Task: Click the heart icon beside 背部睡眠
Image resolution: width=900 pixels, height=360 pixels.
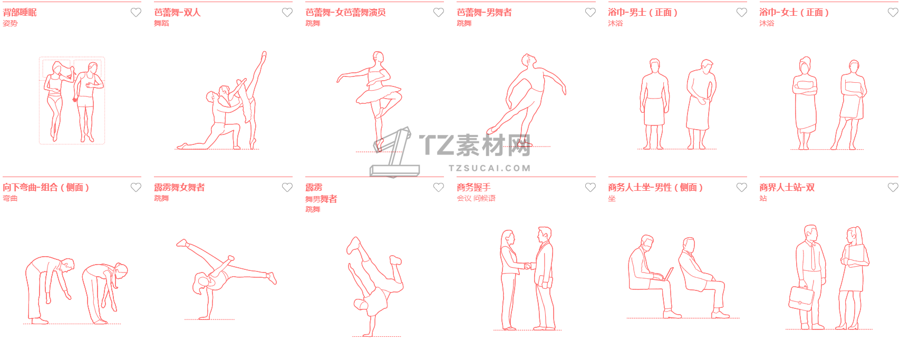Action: coord(136,13)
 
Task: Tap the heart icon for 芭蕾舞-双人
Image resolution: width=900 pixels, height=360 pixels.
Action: coord(287,13)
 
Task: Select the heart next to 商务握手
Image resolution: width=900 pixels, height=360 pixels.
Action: coord(590,187)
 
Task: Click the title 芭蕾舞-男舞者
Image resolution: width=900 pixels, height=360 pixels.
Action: coord(484,13)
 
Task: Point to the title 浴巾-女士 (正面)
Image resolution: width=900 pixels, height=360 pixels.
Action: coord(794,13)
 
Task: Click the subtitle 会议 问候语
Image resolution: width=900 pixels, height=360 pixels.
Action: coord(476,198)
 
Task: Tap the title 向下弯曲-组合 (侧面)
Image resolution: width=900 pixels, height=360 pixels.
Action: coord(46,187)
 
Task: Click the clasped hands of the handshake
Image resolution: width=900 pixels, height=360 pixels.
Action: coord(528,266)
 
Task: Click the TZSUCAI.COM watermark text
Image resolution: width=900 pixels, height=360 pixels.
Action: coord(489,168)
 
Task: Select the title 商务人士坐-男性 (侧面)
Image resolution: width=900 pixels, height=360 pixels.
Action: coord(655,187)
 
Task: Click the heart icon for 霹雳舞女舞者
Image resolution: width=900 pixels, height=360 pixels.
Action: coord(287,187)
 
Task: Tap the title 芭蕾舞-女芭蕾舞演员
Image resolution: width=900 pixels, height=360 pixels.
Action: coord(345,13)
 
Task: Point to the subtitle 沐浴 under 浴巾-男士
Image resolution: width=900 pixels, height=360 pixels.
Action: coord(615,23)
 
